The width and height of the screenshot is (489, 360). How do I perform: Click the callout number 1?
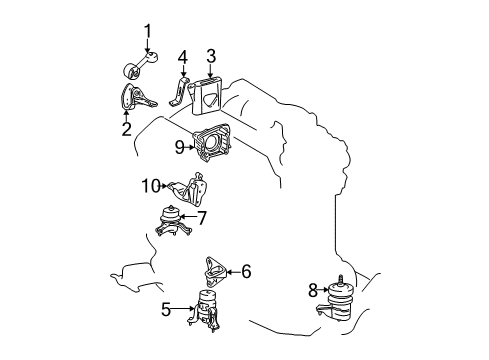tap(148, 31)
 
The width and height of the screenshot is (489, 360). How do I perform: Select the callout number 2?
tap(126, 129)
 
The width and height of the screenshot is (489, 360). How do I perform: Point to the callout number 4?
tap(182, 57)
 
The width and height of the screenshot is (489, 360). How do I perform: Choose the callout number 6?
tap(245, 269)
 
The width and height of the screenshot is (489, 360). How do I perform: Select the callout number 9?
tap(180, 147)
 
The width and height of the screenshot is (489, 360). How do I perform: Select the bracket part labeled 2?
tap(135, 104)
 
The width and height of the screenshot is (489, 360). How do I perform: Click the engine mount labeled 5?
tap(209, 311)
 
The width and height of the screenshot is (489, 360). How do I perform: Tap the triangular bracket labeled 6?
tap(213, 268)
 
